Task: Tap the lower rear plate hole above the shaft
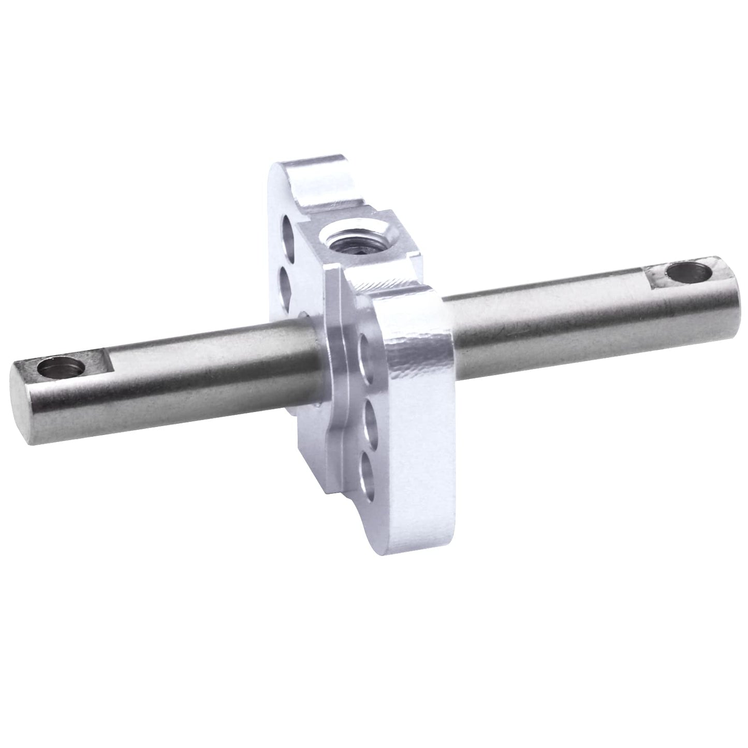tap(287, 278)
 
